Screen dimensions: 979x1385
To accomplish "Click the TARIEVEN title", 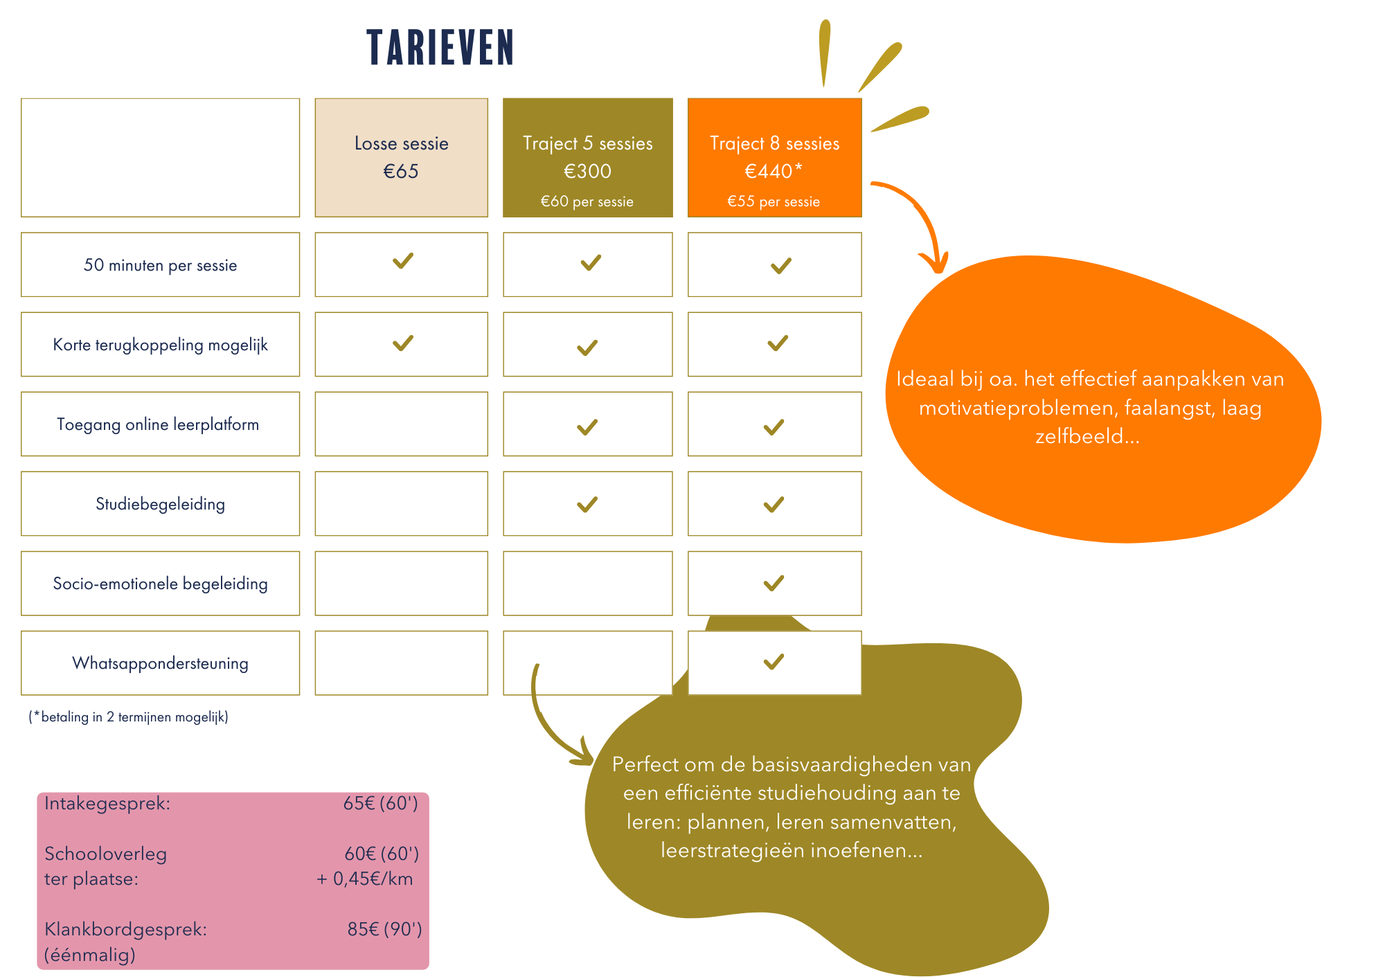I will coord(440,48).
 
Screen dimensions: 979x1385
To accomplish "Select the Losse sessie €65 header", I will coord(402,157).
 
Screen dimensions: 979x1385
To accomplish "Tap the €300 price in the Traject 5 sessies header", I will coord(587,171).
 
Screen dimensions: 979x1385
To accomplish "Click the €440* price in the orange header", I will coord(773,171).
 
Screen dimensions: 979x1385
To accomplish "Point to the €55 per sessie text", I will coord(774,201).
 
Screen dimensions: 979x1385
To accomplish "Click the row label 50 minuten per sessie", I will coord(161,265).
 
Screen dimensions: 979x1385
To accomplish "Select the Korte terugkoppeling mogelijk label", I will coord(161,345).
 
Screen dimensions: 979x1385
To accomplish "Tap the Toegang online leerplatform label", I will coord(158,424).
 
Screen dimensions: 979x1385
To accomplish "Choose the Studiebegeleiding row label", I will coord(161,504).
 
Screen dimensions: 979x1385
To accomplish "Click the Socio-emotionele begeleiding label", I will coord(161,584).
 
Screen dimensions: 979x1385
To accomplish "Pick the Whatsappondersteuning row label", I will coord(161,663).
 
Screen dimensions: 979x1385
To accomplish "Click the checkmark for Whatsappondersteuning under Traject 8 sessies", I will coord(774,662).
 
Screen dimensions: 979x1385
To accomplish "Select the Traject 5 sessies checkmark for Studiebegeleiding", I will coord(587,505).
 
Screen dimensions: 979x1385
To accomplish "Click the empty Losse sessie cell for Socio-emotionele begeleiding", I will coord(402,583).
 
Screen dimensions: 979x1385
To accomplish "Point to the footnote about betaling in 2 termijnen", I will coord(129,717).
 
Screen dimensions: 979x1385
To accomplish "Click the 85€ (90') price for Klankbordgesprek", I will coord(384,929).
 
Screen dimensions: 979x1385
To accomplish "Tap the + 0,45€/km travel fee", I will coord(365,879).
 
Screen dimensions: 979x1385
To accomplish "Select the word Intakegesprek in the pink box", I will coord(107,804).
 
